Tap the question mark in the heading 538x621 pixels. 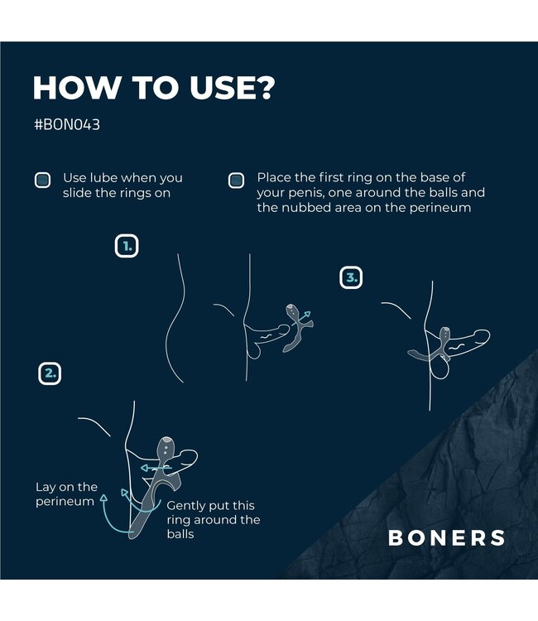(x=262, y=88)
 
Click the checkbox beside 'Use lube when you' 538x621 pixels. (x=42, y=180)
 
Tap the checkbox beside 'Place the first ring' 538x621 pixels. (x=236, y=180)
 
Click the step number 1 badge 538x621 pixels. (x=127, y=246)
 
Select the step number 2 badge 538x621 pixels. (x=50, y=373)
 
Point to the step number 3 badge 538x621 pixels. (x=352, y=278)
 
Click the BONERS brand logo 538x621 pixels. (x=446, y=537)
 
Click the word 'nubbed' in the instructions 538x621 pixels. (x=305, y=208)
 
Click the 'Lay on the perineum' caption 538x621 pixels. (x=66, y=494)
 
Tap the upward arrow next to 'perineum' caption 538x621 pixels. (x=103, y=501)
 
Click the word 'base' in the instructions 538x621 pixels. (x=449, y=178)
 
